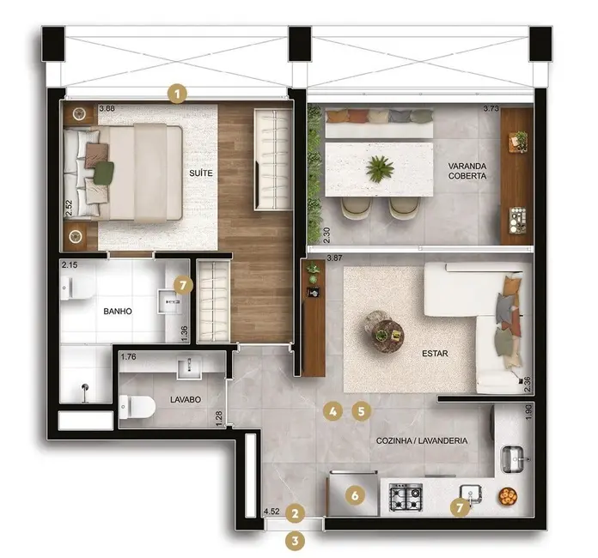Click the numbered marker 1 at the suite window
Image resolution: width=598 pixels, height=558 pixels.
pyautogui.click(x=177, y=93)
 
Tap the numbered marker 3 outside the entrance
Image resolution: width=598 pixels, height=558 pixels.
pyautogui.click(x=296, y=541)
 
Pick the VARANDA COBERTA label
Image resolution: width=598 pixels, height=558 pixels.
pyautogui.click(x=467, y=170)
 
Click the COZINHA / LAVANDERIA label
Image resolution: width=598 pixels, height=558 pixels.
pyautogui.click(x=422, y=440)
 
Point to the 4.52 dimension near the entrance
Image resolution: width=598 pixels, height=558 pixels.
pyautogui.click(x=272, y=513)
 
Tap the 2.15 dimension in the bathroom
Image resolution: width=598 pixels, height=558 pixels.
pyautogui.click(x=70, y=267)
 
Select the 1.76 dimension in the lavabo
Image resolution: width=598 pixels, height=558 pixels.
pyautogui.click(x=129, y=356)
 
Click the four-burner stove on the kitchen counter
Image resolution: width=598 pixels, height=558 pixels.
pyautogui.click(x=406, y=497)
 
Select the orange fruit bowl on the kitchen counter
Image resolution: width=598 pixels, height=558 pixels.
pyautogui.click(x=508, y=496)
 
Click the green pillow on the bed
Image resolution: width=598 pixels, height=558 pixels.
pyautogui.click(x=104, y=173)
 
